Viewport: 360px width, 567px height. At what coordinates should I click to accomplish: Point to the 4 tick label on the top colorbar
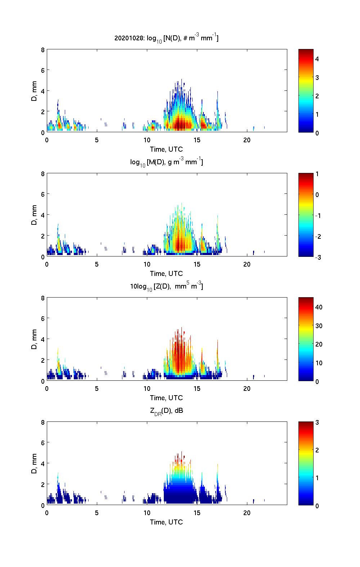point(317,59)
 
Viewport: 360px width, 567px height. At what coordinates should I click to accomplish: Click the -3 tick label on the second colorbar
point(318,257)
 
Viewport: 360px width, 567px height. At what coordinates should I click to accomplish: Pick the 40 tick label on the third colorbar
point(319,307)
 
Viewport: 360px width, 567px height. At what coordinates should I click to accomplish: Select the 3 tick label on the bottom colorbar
point(317,423)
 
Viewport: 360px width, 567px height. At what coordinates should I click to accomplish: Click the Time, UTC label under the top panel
point(166,149)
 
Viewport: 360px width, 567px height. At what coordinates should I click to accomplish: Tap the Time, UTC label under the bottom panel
point(166,522)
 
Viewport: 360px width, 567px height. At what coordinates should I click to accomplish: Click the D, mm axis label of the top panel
point(34,91)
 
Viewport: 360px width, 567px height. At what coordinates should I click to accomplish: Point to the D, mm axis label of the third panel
point(34,340)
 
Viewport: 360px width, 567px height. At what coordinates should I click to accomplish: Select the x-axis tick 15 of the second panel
point(197,264)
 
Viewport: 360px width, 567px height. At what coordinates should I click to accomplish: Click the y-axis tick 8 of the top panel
point(42,50)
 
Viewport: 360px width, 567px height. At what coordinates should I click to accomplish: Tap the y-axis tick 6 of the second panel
point(42,194)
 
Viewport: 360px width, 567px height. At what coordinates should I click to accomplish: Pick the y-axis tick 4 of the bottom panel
point(42,464)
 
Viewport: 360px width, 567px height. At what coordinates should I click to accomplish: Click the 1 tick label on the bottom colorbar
point(317,478)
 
